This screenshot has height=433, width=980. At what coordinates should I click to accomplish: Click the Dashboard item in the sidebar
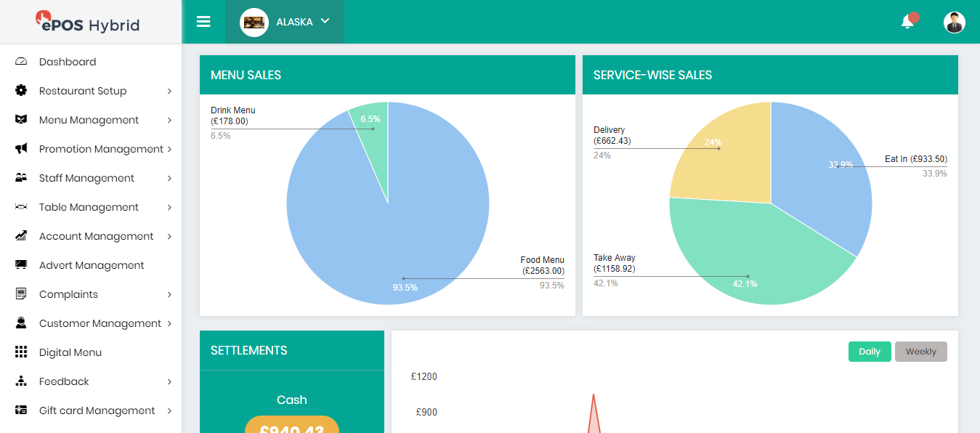point(67,62)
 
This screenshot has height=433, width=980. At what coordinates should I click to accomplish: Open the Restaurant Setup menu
point(82,91)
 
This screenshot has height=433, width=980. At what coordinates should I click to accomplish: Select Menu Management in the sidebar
point(89,120)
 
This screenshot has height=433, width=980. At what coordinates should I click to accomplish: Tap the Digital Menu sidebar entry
point(70,352)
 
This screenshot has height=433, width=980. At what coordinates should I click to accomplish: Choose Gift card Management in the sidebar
point(97,410)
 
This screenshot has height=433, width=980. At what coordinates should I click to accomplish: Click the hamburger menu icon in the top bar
point(203,22)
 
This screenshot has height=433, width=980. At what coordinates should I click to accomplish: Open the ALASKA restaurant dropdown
point(286,22)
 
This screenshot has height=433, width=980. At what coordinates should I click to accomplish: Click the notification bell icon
point(907,22)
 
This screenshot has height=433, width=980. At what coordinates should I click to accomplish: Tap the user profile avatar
point(954,23)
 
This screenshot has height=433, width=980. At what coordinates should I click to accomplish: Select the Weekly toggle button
point(920,352)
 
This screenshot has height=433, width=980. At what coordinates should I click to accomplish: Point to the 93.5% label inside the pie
point(405,288)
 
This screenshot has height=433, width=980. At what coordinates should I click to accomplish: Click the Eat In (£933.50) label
point(915,159)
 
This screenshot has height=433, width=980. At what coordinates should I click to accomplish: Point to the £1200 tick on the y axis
point(424,376)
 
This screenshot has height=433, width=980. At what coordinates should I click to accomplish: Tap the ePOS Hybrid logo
point(89,23)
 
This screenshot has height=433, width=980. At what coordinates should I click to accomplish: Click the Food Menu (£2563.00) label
point(543,265)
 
